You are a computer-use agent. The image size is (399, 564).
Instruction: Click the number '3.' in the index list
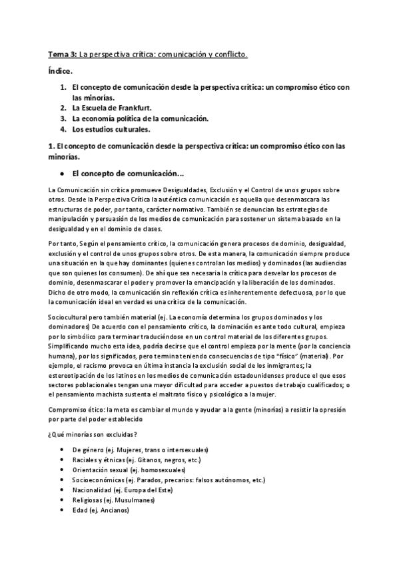[x=63, y=118]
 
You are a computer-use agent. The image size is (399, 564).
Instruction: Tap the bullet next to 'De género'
[x=62, y=450]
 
